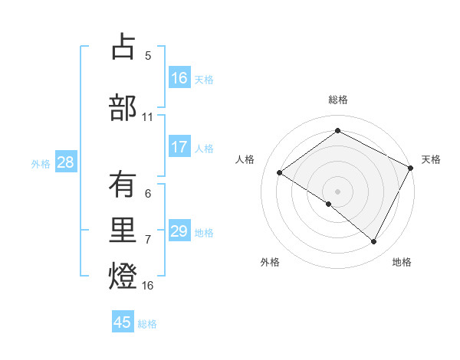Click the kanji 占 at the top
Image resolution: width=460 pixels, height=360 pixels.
click(x=123, y=47)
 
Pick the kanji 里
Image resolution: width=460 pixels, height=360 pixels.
click(x=123, y=229)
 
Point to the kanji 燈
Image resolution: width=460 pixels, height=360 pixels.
click(x=123, y=274)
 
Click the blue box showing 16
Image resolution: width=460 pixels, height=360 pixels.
click(x=179, y=78)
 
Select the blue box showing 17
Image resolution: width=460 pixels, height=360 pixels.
click(x=179, y=148)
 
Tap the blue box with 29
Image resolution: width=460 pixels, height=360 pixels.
click(x=179, y=231)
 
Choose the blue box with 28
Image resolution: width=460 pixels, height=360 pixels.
click(x=65, y=163)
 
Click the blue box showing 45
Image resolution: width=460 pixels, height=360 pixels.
click(x=123, y=322)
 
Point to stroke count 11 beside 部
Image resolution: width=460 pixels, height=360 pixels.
click(x=148, y=117)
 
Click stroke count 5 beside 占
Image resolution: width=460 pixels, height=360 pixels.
click(x=148, y=56)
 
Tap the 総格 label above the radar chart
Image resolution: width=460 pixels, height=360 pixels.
click(x=337, y=100)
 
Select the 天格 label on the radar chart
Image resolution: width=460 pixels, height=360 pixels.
click(x=431, y=159)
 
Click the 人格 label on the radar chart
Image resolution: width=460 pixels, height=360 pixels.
click(x=245, y=159)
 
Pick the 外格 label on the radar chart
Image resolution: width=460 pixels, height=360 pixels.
click(x=270, y=262)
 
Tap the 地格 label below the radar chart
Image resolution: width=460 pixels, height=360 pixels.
click(x=402, y=262)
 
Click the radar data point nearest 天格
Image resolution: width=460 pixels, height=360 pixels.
click(x=411, y=167)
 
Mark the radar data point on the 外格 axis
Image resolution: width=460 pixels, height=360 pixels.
click(x=328, y=204)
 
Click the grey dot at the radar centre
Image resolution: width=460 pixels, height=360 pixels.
click(x=337, y=191)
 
